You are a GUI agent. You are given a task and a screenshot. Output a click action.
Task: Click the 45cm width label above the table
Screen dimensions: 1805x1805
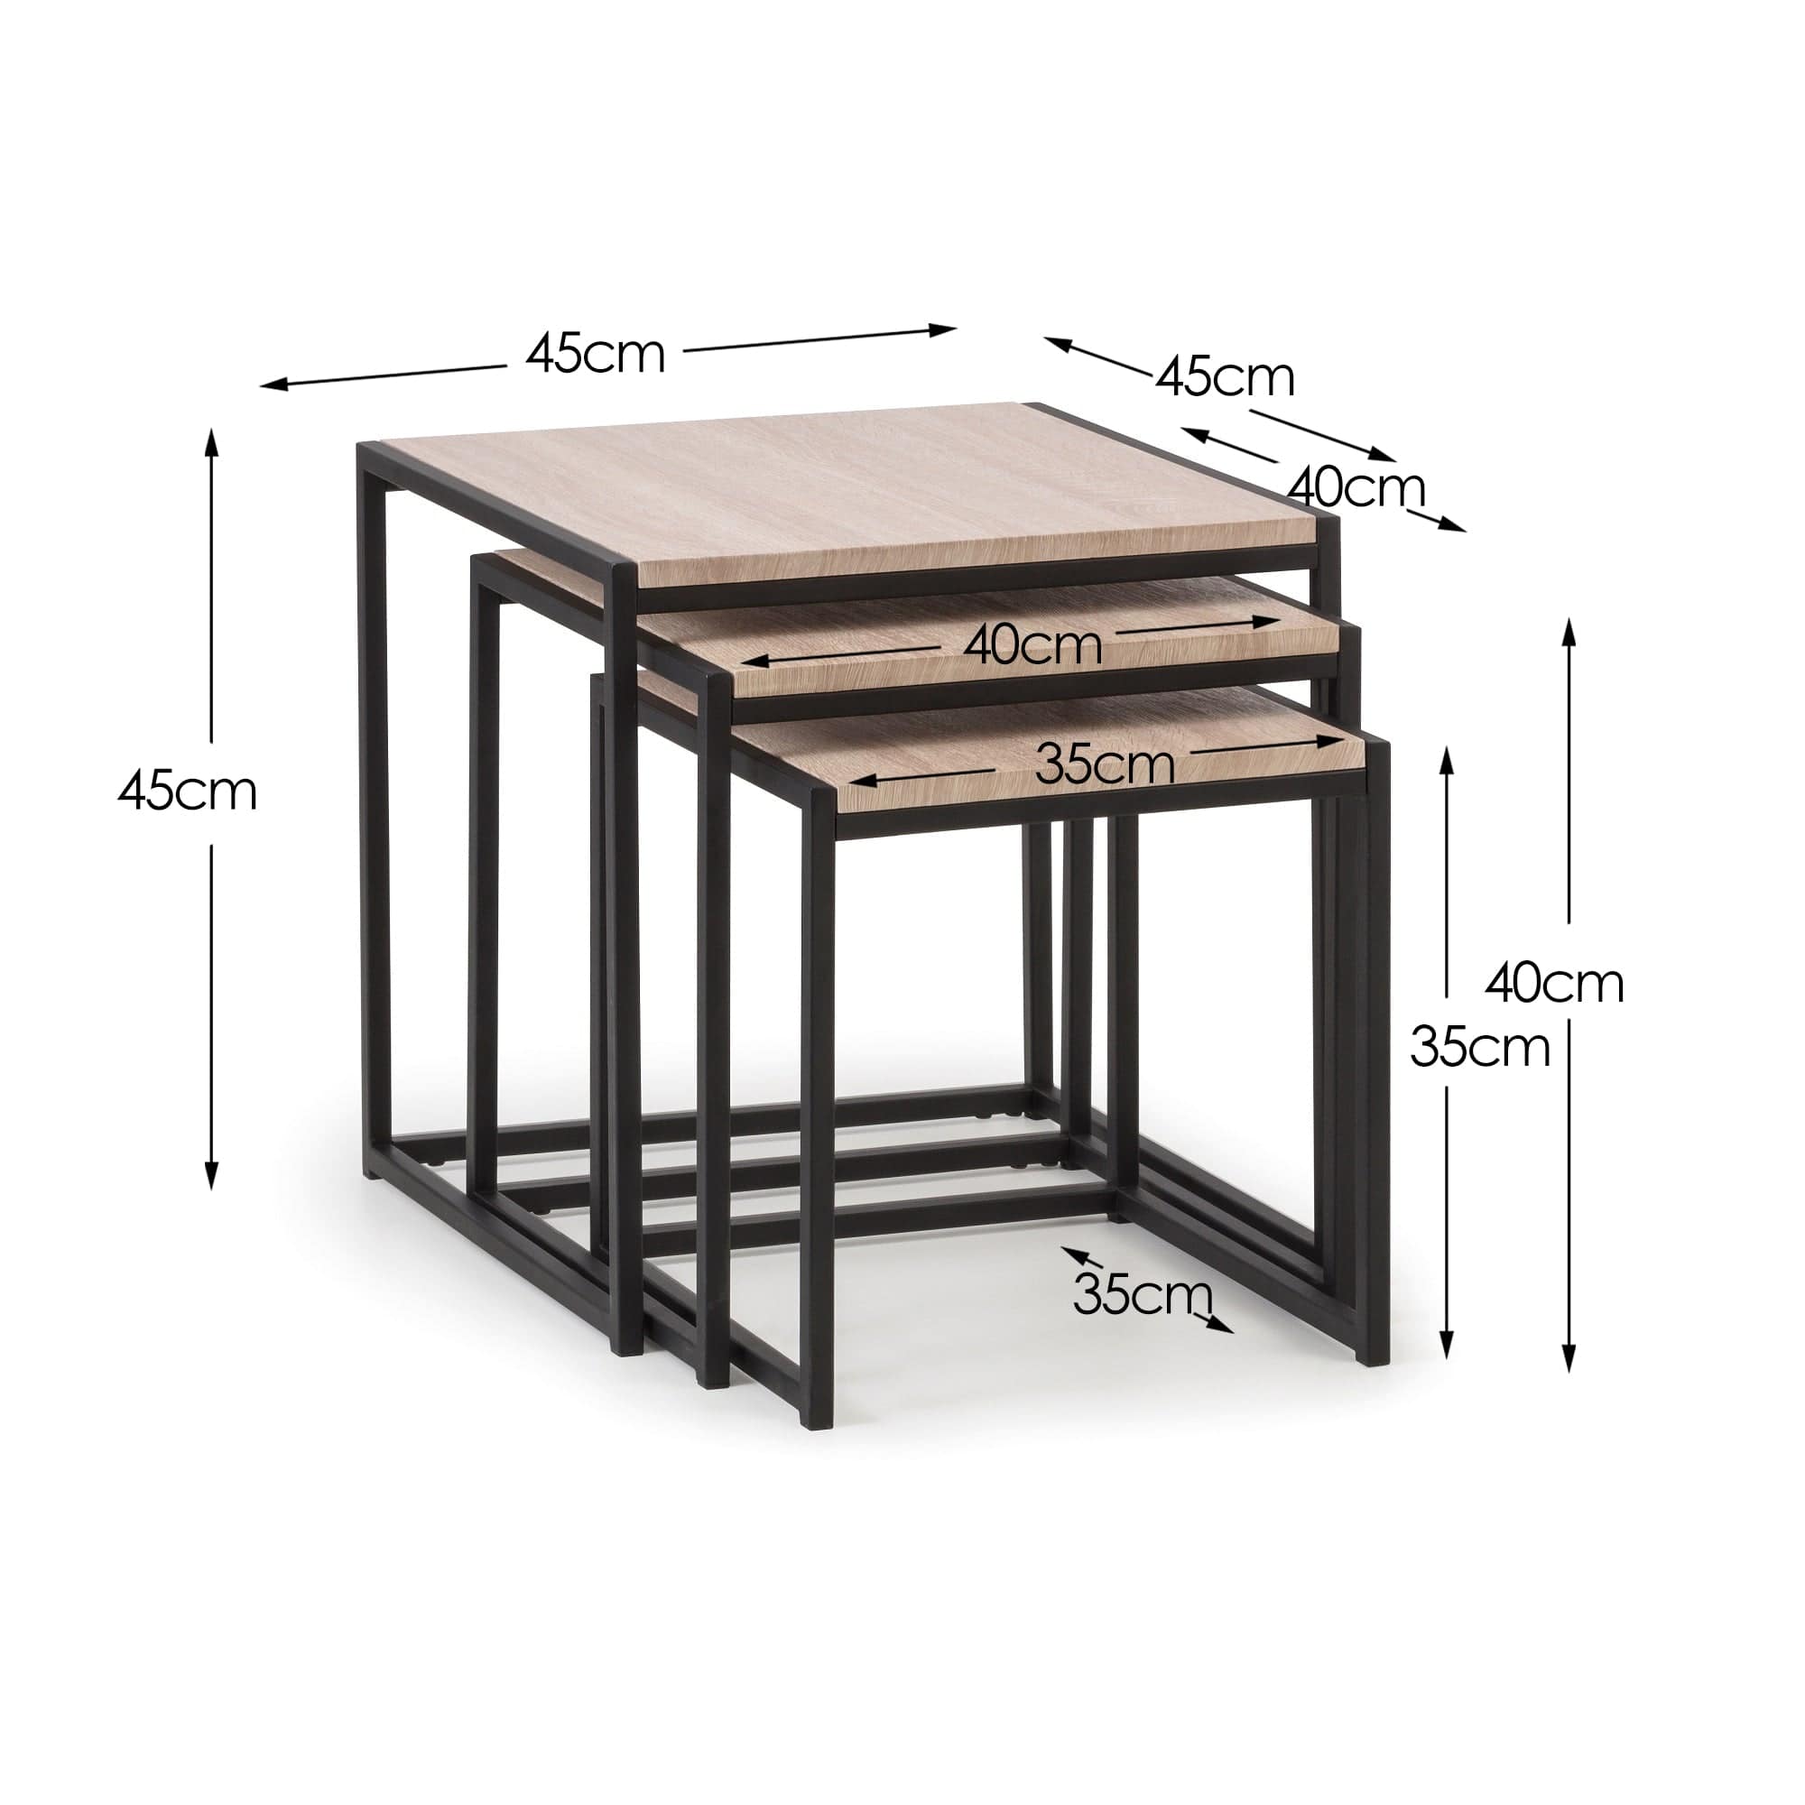coord(595,354)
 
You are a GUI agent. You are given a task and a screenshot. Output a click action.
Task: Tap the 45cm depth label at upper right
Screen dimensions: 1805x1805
coord(1225,377)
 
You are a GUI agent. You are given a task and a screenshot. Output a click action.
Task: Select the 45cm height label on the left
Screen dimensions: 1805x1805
coord(187,791)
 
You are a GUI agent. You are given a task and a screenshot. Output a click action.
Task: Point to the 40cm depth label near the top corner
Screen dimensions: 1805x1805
coord(1356,486)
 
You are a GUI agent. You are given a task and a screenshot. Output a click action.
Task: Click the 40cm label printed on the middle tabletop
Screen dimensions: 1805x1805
coord(1032,645)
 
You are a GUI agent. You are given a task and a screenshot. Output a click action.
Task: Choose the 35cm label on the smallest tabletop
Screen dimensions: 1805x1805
coord(1105,765)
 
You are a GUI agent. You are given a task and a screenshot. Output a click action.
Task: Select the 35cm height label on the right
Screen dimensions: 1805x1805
coord(1480,1047)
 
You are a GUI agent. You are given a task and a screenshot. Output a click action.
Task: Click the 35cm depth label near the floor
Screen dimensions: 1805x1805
coord(1142,1295)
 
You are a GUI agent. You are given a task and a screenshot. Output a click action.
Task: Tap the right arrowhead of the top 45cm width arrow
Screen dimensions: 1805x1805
coord(949,328)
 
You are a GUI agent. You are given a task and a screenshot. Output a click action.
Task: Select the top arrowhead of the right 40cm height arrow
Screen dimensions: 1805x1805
coord(1569,627)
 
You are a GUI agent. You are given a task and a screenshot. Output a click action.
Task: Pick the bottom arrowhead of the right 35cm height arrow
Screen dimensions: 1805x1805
coord(1448,1348)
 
